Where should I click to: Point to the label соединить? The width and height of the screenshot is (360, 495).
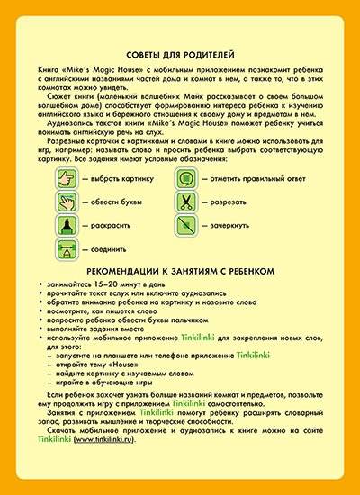coord(108,247)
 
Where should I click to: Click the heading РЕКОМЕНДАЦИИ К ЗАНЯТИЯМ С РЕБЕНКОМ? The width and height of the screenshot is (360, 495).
coord(179,270)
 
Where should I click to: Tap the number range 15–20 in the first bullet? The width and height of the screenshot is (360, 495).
coord(112,283)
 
